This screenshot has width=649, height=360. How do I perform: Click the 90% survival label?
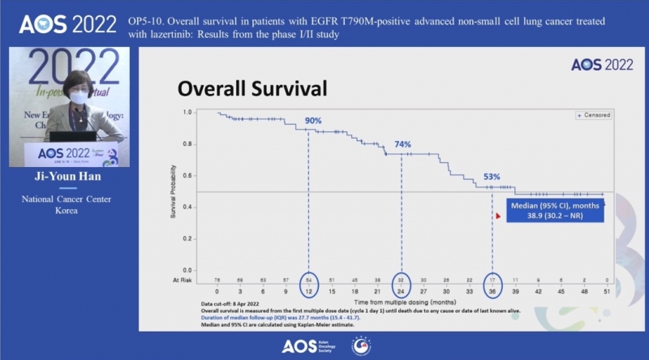tap(312, 120)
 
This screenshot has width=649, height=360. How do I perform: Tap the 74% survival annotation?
tap(402, 144)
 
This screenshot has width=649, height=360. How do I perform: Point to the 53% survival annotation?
tap(492, 177)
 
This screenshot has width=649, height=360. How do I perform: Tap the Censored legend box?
tap(594, 116)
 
